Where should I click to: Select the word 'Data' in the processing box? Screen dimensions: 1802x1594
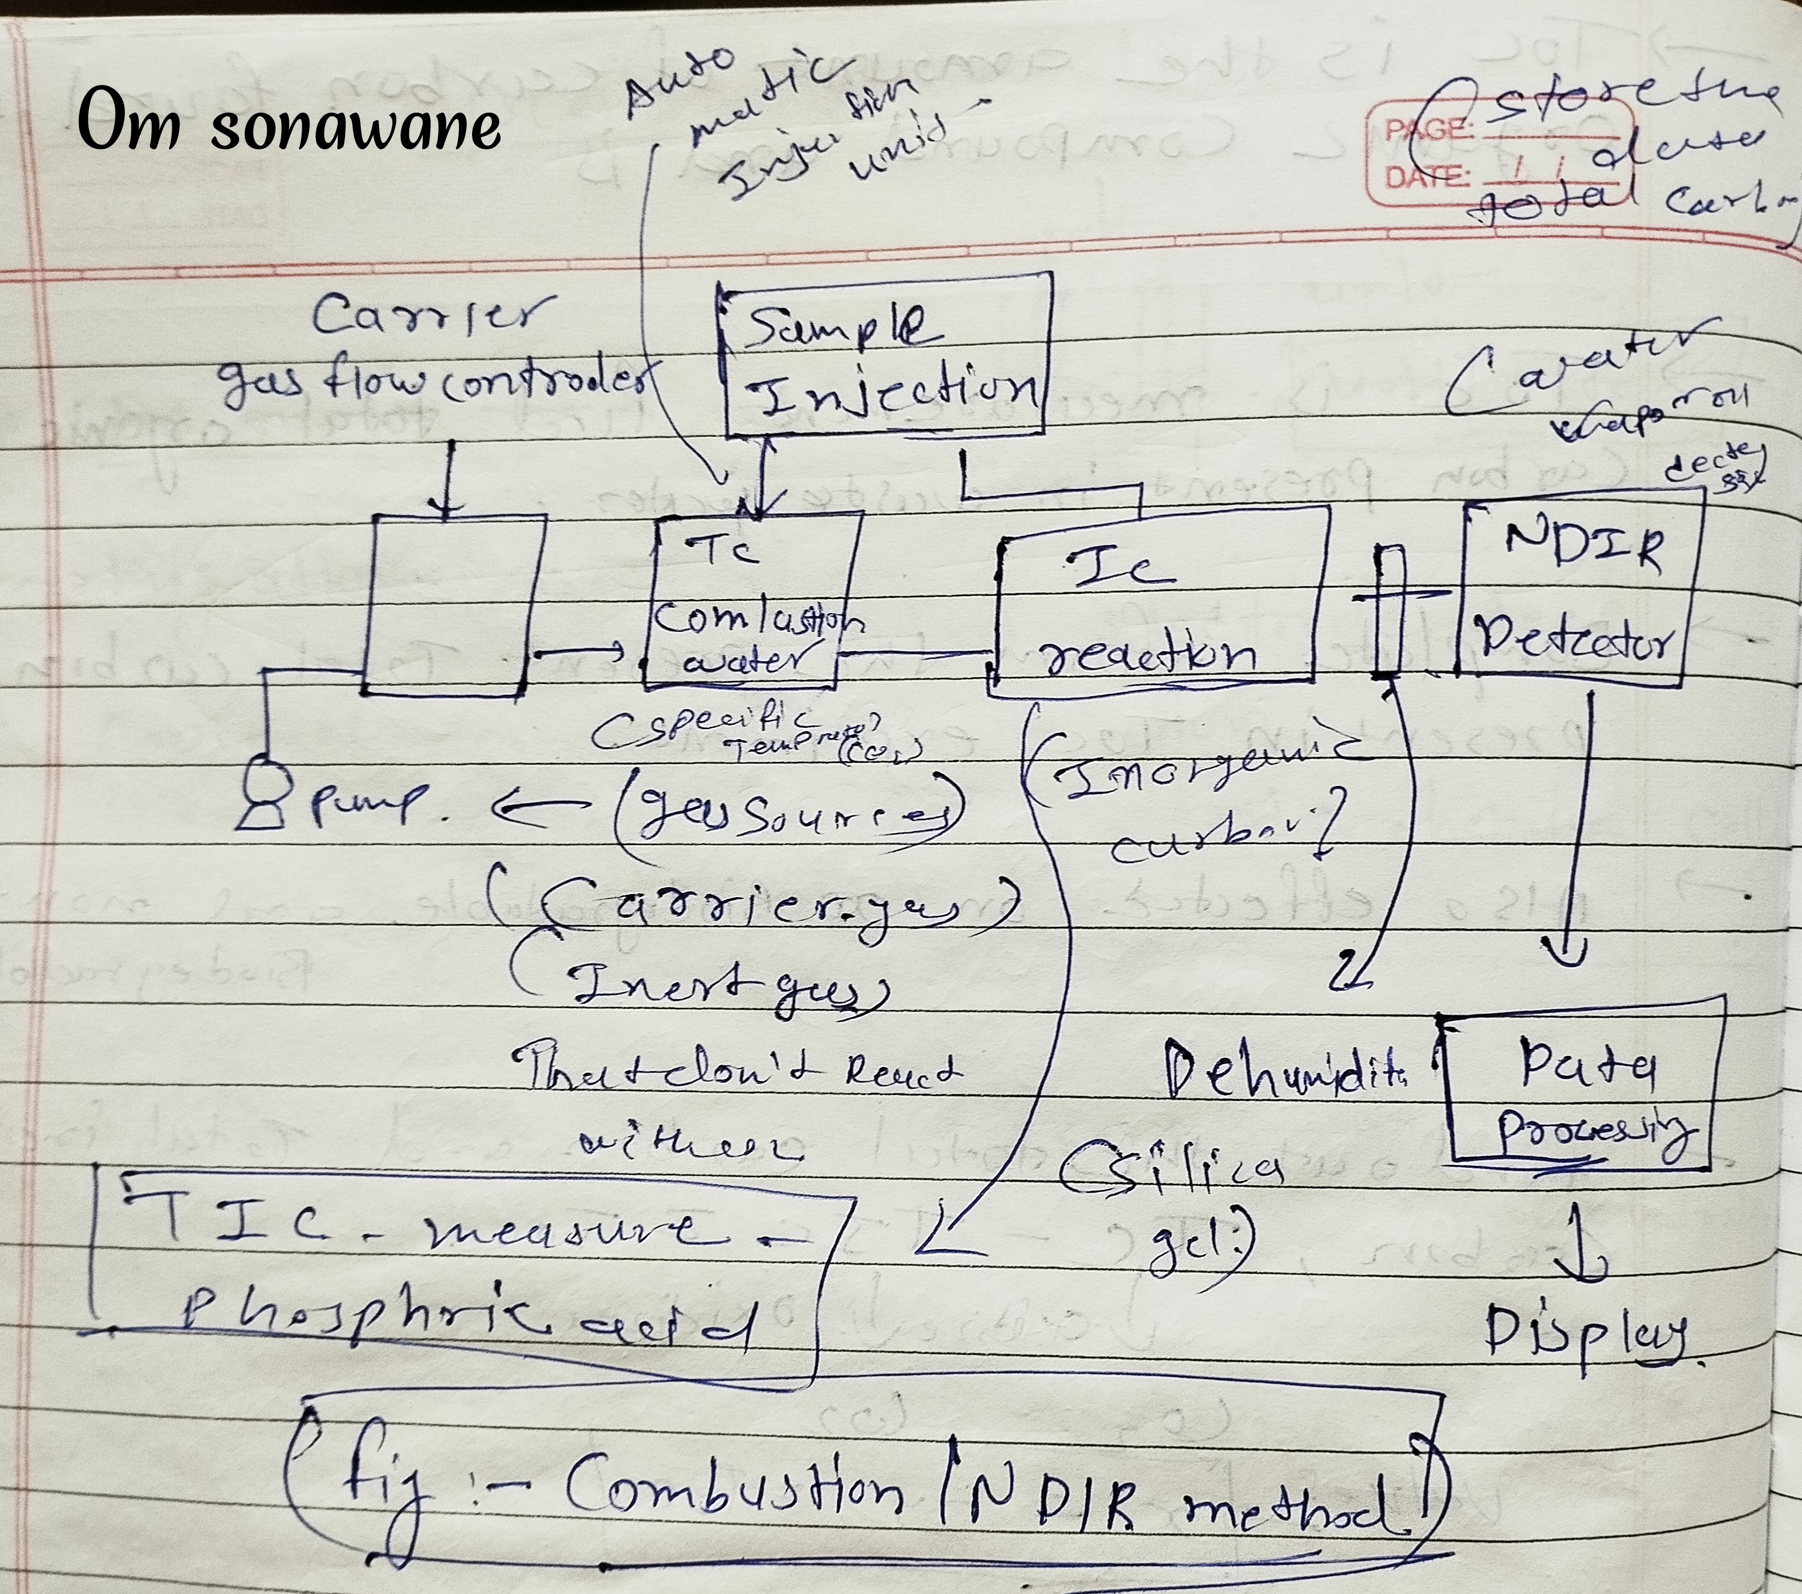[x=1587, y=1065]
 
